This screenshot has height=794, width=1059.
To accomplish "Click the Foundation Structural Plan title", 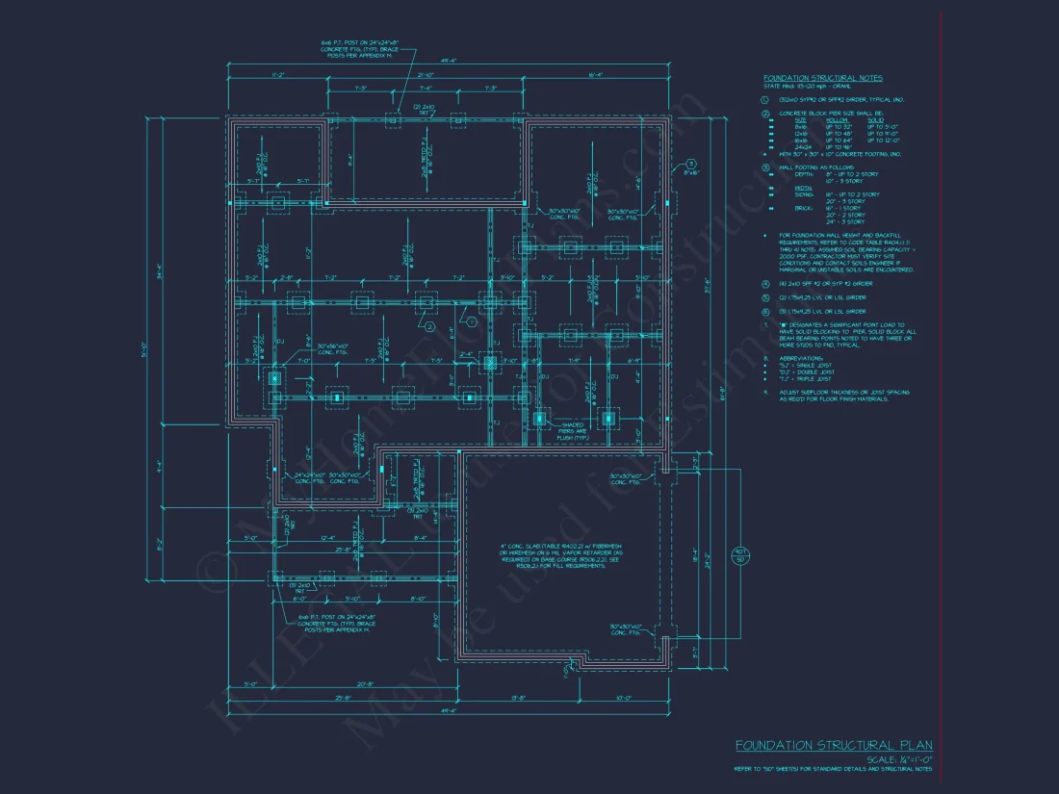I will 834,746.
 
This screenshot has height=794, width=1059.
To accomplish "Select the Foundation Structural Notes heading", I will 822,78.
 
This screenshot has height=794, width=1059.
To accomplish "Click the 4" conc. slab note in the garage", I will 545,552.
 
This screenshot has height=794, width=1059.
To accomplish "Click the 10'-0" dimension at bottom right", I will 623,698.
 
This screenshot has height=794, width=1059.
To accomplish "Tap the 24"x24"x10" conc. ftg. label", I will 313,477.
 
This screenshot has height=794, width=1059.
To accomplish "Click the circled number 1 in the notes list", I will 763,99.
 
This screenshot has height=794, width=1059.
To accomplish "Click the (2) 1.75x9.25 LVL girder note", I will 821,297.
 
